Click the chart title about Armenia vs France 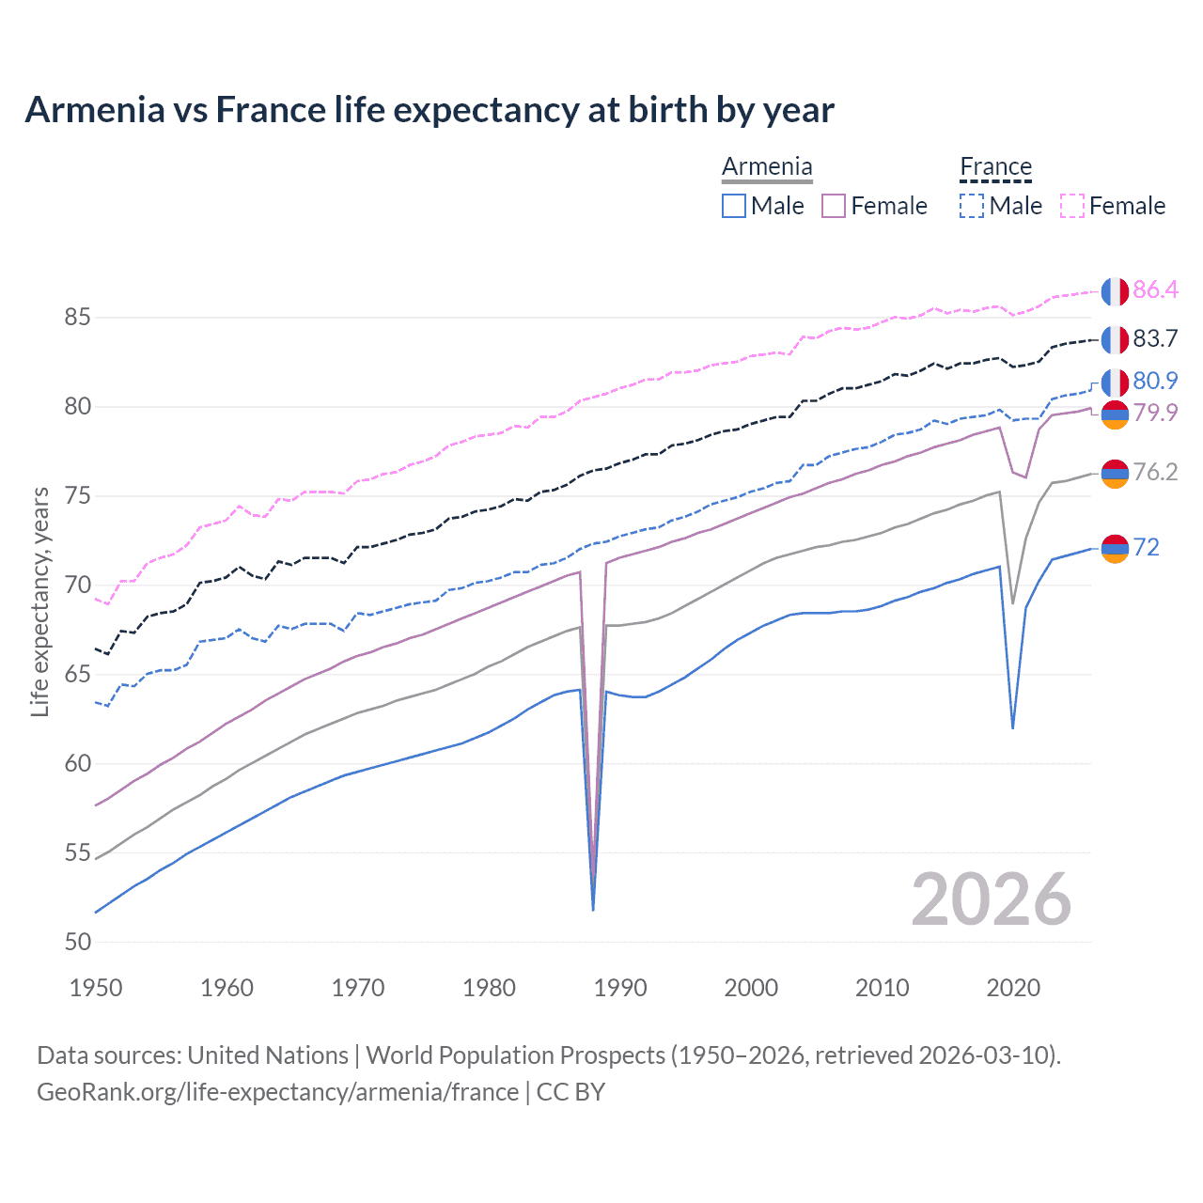[x=430, y=110]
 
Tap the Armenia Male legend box [x=734, y=206]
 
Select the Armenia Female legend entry [x=874, y=206]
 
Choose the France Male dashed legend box [x=972, y=206]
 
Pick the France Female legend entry [x=1113, y=206]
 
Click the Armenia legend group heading [x=767, y=167]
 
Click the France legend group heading [x=995, y=167]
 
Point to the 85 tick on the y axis [x=77, y=318]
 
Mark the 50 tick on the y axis [x=77, y=942]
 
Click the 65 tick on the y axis [x=77, y=675]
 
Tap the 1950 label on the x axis [x=96, y=988]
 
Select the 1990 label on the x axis [x=620, y=988]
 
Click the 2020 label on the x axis [x=1013, y=988]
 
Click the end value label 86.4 [x=1155, y=289]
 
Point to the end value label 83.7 [x=1155, y=338]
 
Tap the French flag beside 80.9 [x=1115, y=383]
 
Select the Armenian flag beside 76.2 [x=1115, y=474]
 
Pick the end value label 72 [x=1146, y=547]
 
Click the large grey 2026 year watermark [x=991, y=899]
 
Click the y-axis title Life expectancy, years [x=40, y=601]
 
